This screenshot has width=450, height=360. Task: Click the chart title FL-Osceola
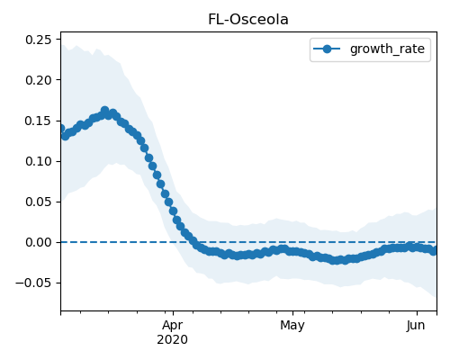[248, 20]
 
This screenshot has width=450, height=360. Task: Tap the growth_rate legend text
[387, 49]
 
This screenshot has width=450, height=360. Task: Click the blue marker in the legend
[327, 49]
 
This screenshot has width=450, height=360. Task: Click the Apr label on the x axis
[172, 326]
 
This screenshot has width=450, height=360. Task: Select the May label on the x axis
[292, 326]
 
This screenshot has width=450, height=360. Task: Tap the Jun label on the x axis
[416, 326]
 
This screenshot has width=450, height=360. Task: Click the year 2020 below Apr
[172, 339]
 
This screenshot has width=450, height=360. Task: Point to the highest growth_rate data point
[104, 111]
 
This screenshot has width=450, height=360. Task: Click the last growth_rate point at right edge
[433, 251]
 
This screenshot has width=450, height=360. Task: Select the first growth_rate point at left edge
[61, 129]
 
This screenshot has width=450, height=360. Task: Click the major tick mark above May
[292, 313]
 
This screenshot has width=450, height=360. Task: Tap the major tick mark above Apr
[173, 313]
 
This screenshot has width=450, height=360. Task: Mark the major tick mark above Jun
[417, 313]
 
